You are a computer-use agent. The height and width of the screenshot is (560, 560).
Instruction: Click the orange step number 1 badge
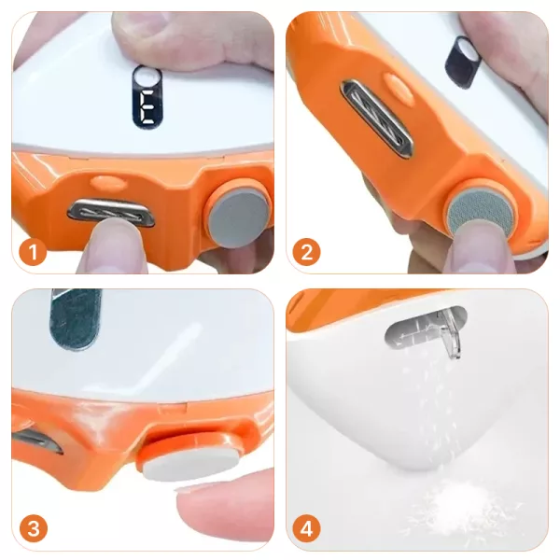pos(33,252)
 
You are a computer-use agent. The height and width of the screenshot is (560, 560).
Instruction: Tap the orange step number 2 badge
pos(306,252)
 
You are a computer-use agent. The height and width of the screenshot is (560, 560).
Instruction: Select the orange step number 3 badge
pos(33,528)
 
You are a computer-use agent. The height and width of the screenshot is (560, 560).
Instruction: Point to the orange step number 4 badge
pos(306,528)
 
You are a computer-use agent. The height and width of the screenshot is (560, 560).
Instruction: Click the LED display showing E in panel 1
pos(147,97)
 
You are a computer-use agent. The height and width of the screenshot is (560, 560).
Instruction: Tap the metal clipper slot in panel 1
pos(111,214)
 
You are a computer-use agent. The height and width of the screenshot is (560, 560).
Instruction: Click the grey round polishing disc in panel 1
pos(239,217)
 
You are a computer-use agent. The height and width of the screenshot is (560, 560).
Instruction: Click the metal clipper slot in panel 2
pos(377,119)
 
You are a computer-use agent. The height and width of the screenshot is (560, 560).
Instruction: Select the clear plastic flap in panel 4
pos(449,334)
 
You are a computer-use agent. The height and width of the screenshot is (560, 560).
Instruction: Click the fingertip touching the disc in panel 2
pos(477,252)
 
